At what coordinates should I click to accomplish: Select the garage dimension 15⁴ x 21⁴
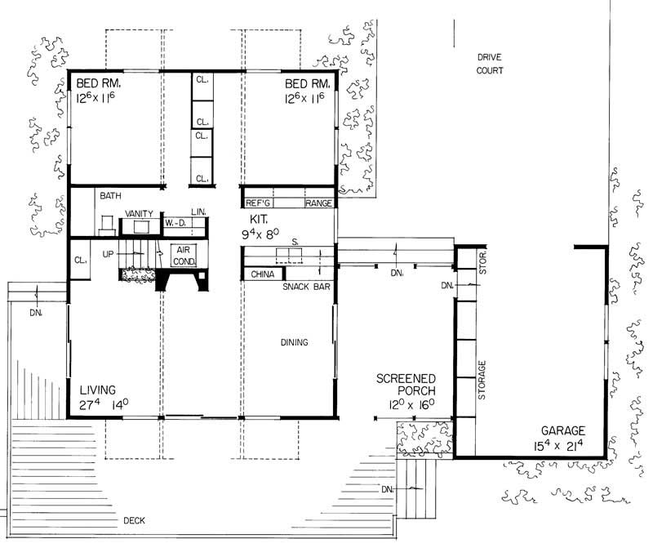tap(564, 445)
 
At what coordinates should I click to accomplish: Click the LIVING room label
tap(97, 390)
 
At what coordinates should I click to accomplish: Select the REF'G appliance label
tap(259, 203)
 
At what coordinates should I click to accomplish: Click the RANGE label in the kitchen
tap(318, 203)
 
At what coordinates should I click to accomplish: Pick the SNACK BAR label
tap(304, 287)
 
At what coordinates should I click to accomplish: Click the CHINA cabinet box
tap(262, 274)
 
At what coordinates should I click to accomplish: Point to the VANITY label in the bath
tap(139, 214)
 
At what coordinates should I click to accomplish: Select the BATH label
tap(110, 196)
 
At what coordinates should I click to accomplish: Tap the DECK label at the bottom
tap(135, 520)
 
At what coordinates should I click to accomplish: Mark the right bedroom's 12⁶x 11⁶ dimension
tap(305, 99)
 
